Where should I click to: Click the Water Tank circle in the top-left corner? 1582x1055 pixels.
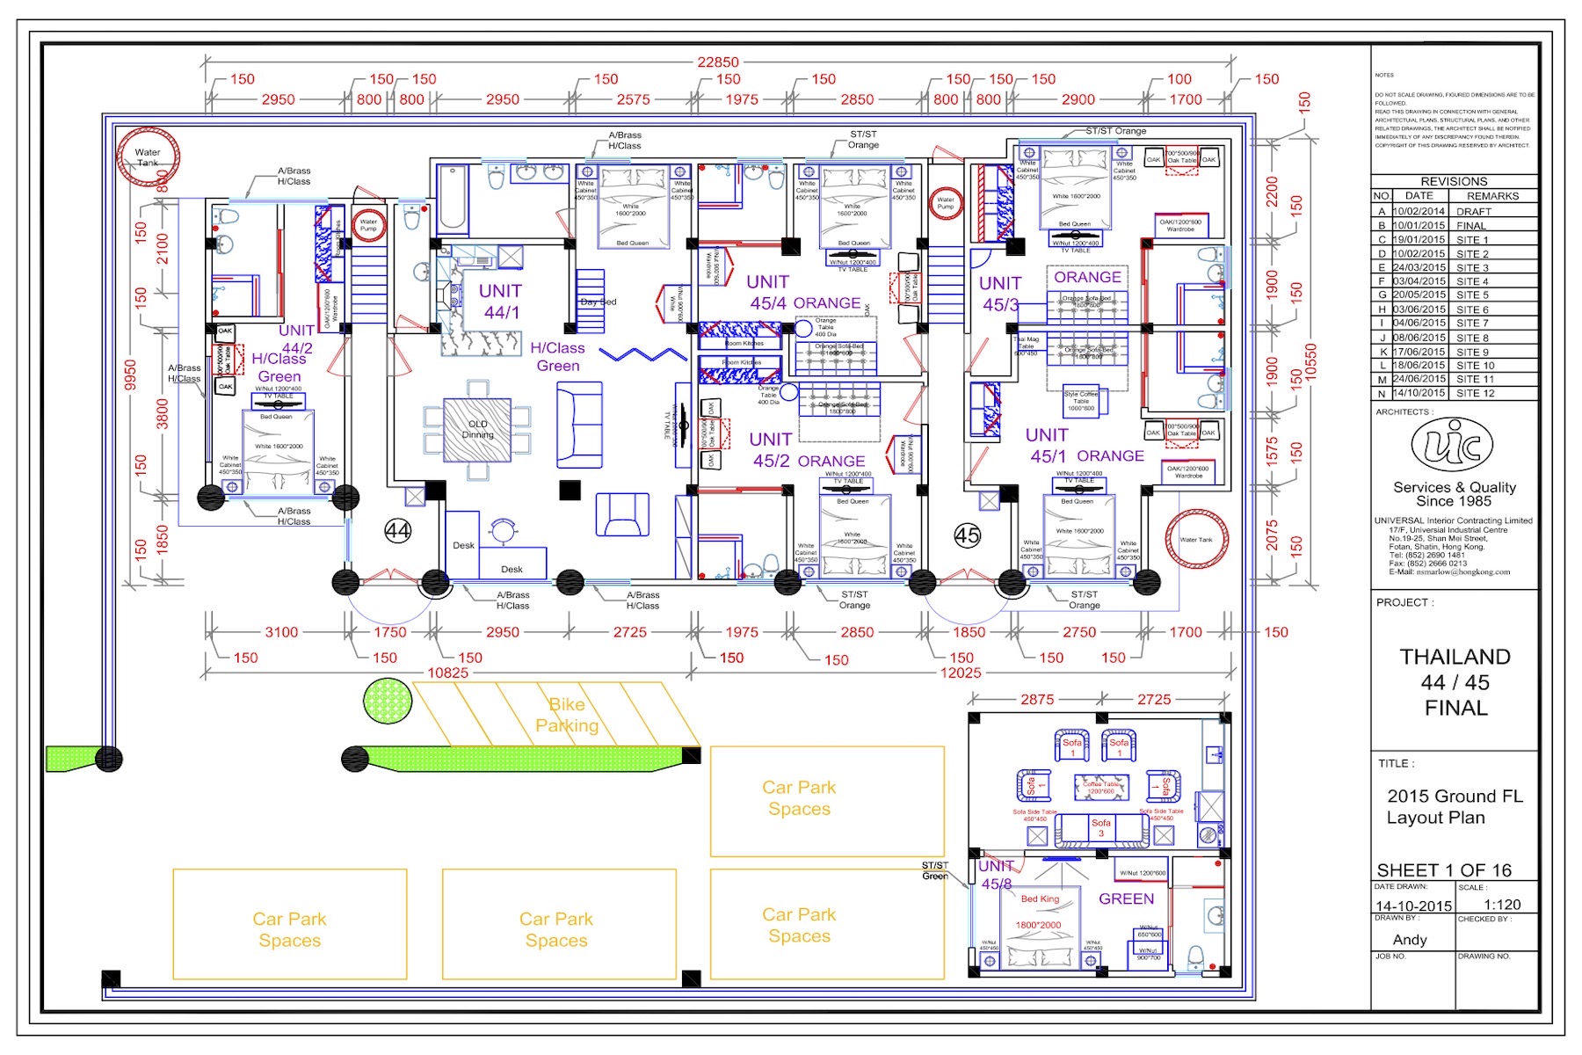(148, 156)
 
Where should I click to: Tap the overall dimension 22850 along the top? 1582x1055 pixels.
(718, 62)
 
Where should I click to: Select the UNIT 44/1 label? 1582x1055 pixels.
(501, 301)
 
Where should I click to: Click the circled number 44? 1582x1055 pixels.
(398, 531)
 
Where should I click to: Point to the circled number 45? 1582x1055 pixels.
(968, 535)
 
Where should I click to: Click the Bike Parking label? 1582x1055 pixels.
(567, 715)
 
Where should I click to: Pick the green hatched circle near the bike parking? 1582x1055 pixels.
(388, 702)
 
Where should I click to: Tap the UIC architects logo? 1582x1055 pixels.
(1452, 445)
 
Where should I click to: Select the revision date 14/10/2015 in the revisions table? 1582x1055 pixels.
(1419, 393)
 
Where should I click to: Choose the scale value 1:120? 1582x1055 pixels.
(1502, 905)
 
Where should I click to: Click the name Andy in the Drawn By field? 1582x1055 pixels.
(1410, 940)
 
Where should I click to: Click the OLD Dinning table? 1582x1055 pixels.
(477, 430)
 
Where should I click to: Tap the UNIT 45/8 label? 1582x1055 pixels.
(996, 875)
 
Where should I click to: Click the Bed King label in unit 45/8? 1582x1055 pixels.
(1040, 899)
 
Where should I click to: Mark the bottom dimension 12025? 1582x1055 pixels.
(961, 673)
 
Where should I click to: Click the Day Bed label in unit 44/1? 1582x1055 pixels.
(599, 302)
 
